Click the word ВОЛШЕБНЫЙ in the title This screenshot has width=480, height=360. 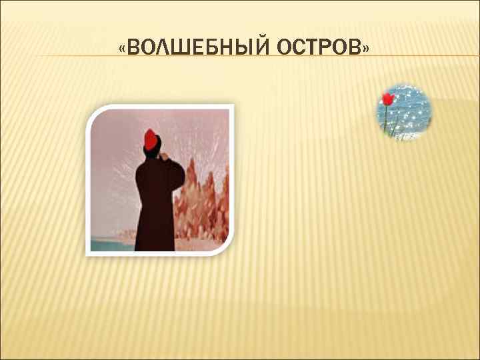tap(197, 49)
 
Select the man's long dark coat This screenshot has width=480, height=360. tap(155, 207)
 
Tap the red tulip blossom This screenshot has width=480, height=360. tap(387, 99)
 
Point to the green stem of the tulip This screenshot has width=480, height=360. tap(385, 120)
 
